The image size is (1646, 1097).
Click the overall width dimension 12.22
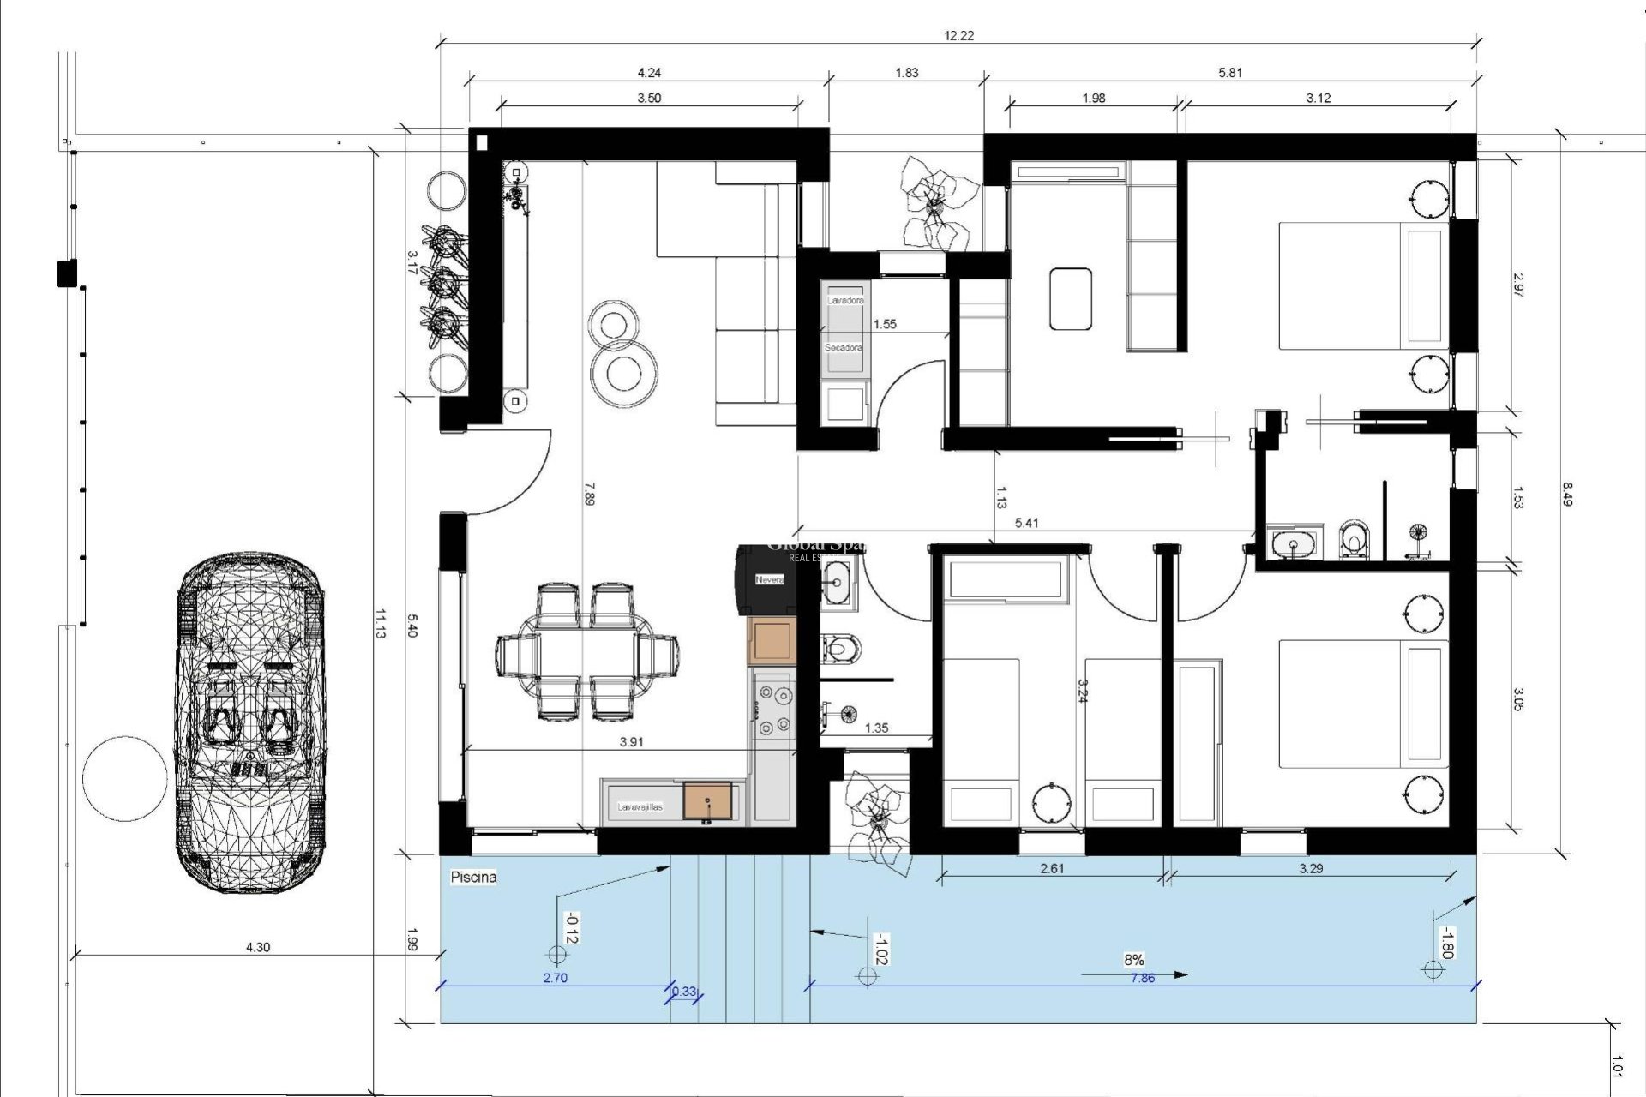coord(958,36)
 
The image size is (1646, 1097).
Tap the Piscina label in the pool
coord(473,878)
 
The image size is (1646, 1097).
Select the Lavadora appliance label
coord(844,301)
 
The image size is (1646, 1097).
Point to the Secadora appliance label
coord(844,348)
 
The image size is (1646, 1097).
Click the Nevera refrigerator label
coord(769,580)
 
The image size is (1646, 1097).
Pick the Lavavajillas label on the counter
coord(640,807)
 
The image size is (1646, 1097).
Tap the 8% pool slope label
coord(1133,960)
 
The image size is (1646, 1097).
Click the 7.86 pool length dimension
coord(1142,978)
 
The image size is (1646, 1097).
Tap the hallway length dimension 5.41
coord(1026,522)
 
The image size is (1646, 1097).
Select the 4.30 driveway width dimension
coord(257,947)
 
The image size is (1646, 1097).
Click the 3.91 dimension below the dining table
coord(631,742)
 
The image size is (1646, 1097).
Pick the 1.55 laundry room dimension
coord(885,324)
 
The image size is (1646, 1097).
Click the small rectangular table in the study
coord(1071,298)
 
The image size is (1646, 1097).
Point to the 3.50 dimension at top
coord(649,98)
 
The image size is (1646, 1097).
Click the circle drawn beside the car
coord(125,778)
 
